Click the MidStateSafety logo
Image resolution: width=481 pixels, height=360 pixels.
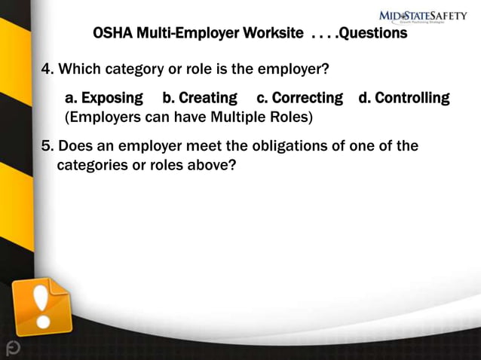tap(422, 16)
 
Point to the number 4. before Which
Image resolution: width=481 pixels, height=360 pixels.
tap(47, 70)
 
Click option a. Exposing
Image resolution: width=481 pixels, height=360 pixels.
tap(104, 98)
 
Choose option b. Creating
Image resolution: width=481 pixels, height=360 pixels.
tap(200, 98)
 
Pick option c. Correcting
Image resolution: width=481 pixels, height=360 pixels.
tap(299, 98)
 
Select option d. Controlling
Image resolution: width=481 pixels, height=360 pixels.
tap(404, 98)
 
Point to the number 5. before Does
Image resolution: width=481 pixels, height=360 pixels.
tap(47, 145)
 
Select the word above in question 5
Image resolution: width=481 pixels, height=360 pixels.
tap(213, 165)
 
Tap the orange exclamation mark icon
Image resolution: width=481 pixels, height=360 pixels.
tap(43, 307)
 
